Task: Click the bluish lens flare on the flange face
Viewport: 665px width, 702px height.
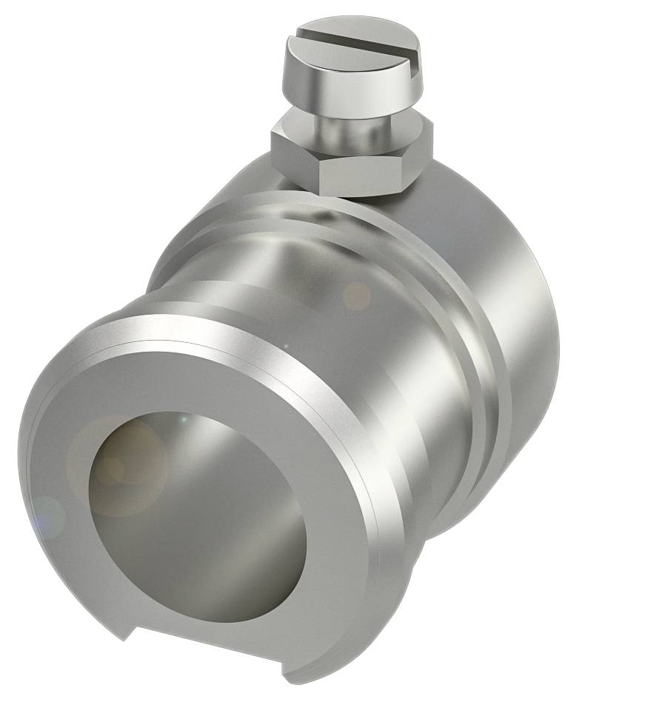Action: (48, 515)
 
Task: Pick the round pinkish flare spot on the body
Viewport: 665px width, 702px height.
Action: (357, 296)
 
